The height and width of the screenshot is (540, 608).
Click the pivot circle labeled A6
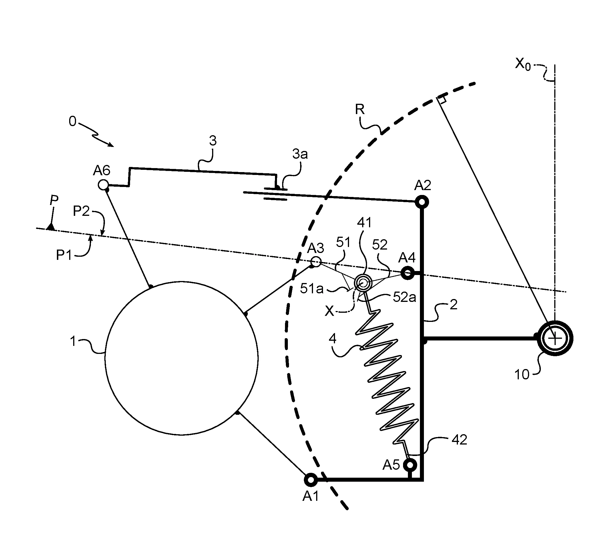point(103,185)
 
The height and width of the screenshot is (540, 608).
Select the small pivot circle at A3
point(316,262)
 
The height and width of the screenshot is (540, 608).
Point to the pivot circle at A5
point(411,464)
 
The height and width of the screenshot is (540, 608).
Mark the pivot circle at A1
point(311,479)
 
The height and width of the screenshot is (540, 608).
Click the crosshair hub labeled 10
point(555,338)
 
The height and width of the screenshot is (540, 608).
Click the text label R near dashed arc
point(360,109)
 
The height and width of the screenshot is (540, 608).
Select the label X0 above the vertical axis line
point(523,64)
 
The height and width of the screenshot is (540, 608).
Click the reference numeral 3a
point(300,154)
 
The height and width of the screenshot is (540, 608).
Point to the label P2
point(81,211)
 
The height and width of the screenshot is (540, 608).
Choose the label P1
point(64,255)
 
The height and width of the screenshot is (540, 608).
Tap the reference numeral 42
point(459,440)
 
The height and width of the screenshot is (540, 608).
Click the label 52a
point(404,297)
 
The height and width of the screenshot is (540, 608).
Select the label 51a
point(312,289)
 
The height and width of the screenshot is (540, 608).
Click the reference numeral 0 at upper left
point(73,121)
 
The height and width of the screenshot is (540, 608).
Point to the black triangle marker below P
point(51,227)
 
